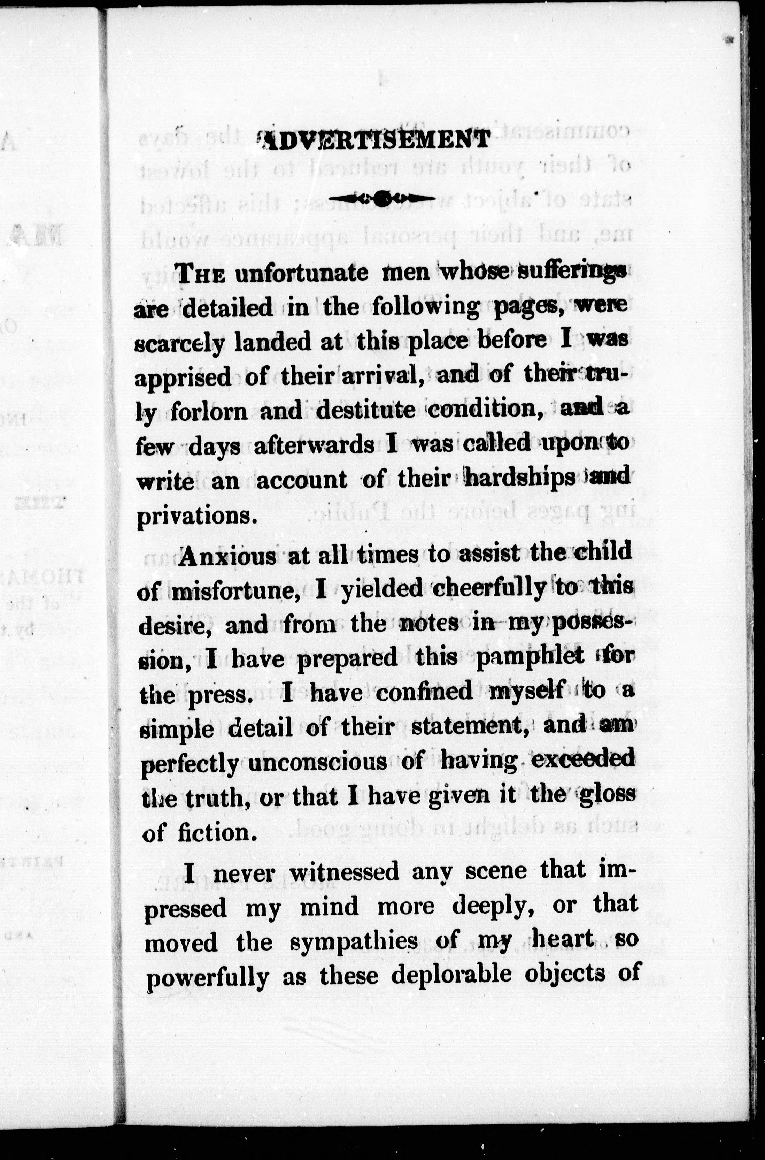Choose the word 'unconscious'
[318, 762]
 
